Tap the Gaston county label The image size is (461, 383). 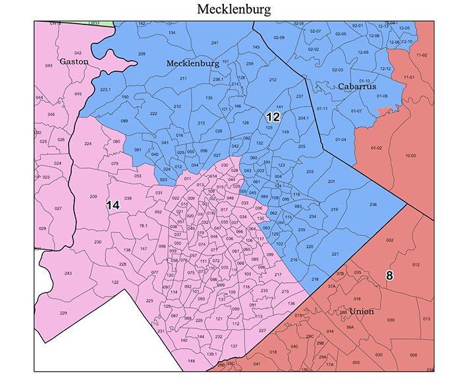click(x=74, y=61)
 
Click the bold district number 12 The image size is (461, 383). click(x=273, y=117)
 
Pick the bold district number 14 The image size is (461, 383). click(x=113, y=206)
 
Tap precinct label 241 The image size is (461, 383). click(x=215, y=43)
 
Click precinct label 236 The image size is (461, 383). click(x=373, y=206)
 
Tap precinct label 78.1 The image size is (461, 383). click(x=143, y=226)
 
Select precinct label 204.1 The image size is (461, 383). click(x=304, y=118)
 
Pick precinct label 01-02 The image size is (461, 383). click(x=377, y=148)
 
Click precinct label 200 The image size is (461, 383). click(x=93, y=197)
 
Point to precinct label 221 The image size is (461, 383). click(x=335, y=254)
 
